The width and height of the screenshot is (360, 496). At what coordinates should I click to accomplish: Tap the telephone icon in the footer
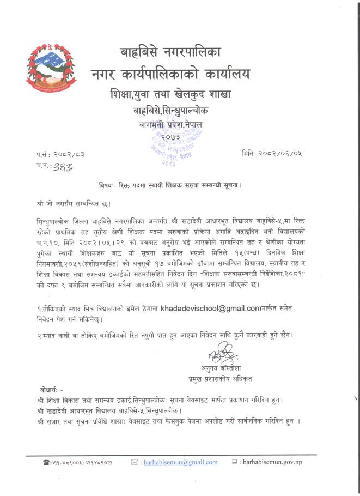tap(46, 463)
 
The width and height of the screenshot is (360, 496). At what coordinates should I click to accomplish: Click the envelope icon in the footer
tap(136, 462)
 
